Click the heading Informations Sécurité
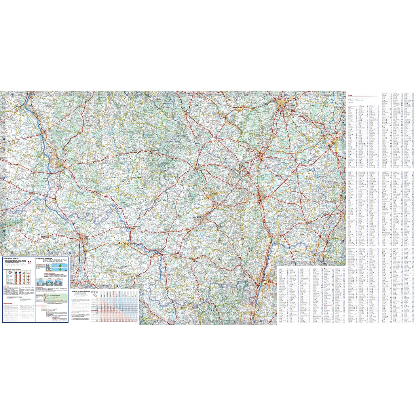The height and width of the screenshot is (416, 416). (11, 259)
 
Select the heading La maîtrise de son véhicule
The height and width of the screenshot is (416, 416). (44, 259)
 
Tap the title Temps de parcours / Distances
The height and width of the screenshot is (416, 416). (81, 292)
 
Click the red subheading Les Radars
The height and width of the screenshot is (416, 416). (6, 286)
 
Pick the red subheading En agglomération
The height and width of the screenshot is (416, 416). (7, 303)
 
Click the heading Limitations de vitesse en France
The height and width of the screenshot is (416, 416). (13, 269)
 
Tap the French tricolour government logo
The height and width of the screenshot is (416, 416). (29, 262)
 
